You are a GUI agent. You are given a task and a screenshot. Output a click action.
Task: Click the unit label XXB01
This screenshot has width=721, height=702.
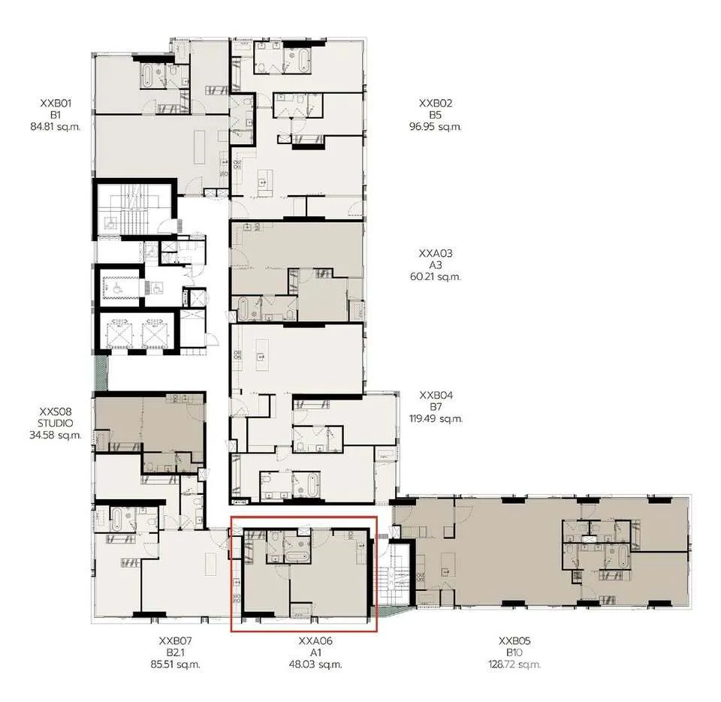[56, 103]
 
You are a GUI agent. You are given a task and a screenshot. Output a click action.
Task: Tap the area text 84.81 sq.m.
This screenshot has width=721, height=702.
[55, 126]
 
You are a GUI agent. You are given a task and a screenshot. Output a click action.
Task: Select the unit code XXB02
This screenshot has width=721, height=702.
[436, 103]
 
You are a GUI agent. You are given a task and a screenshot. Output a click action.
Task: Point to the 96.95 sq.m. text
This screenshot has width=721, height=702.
[436, 126]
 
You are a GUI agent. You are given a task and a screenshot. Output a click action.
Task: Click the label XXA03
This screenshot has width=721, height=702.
[436, 253]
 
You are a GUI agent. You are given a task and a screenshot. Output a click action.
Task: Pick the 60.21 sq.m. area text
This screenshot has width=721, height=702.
[436, 277]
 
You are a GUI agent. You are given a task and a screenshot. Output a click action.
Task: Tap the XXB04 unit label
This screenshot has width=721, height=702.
[436, 396]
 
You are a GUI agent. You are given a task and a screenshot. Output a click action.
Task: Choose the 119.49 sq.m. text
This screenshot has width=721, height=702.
[436, 419]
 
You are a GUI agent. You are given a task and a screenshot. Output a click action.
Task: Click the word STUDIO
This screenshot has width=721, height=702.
[55, 423]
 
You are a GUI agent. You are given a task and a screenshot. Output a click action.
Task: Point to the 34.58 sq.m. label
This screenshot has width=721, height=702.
[55, 435]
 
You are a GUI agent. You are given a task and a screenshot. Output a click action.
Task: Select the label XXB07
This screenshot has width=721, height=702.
[175, 641]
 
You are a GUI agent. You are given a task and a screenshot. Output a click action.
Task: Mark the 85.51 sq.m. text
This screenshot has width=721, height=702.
[175, 664]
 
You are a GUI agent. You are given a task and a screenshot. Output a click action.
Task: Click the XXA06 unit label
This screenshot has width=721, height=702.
[315, 641]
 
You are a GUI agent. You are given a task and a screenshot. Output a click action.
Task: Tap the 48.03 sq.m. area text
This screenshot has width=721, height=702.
[315, 664]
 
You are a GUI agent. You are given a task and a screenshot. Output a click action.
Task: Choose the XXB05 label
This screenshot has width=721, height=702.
[514, 641]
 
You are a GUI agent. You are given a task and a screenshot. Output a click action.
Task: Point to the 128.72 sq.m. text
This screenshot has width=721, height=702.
[514, 664]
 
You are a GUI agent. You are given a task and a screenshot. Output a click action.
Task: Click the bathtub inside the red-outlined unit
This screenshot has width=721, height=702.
[297, 557]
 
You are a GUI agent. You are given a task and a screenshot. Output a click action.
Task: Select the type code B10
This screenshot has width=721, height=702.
[514, 652]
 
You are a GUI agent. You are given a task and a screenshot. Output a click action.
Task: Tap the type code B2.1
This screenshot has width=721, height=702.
[175, 652]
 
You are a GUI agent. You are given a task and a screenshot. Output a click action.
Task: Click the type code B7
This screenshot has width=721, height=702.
[436, 407]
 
